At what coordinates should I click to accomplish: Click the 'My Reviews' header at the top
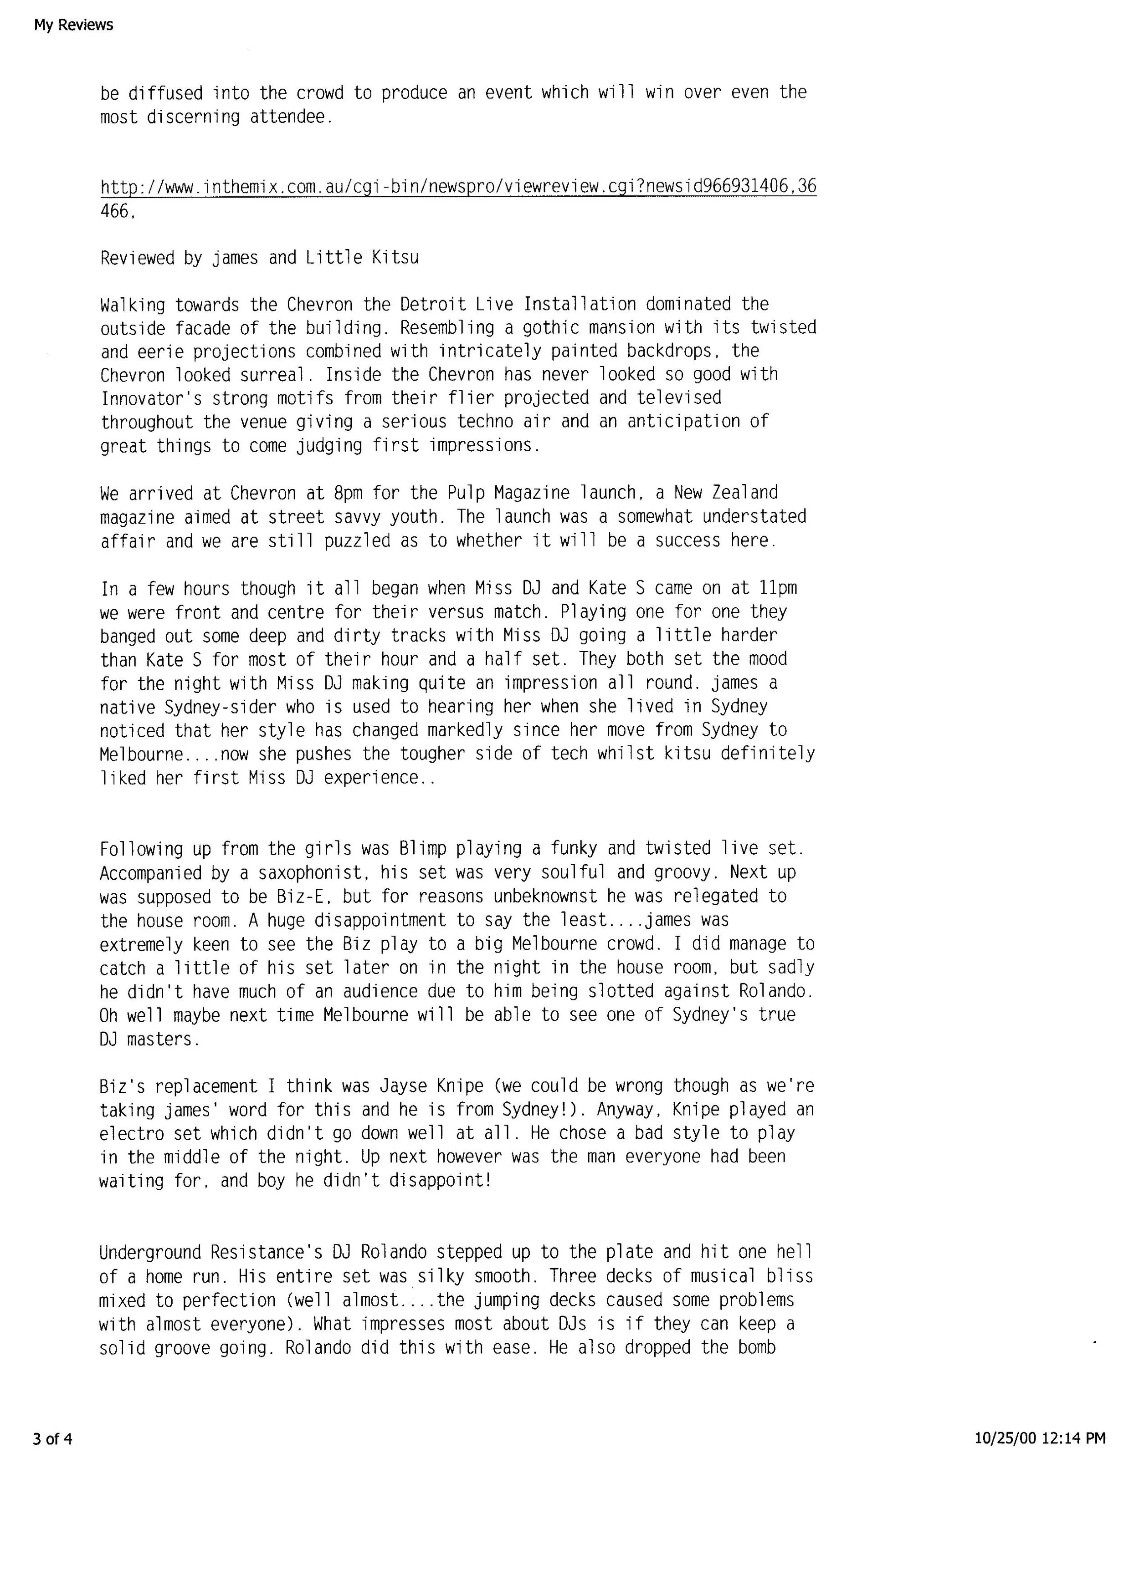tap(73, 25)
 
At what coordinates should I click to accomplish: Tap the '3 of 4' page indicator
tap(52, 1438)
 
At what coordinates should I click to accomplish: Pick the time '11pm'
tap(778, 588)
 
